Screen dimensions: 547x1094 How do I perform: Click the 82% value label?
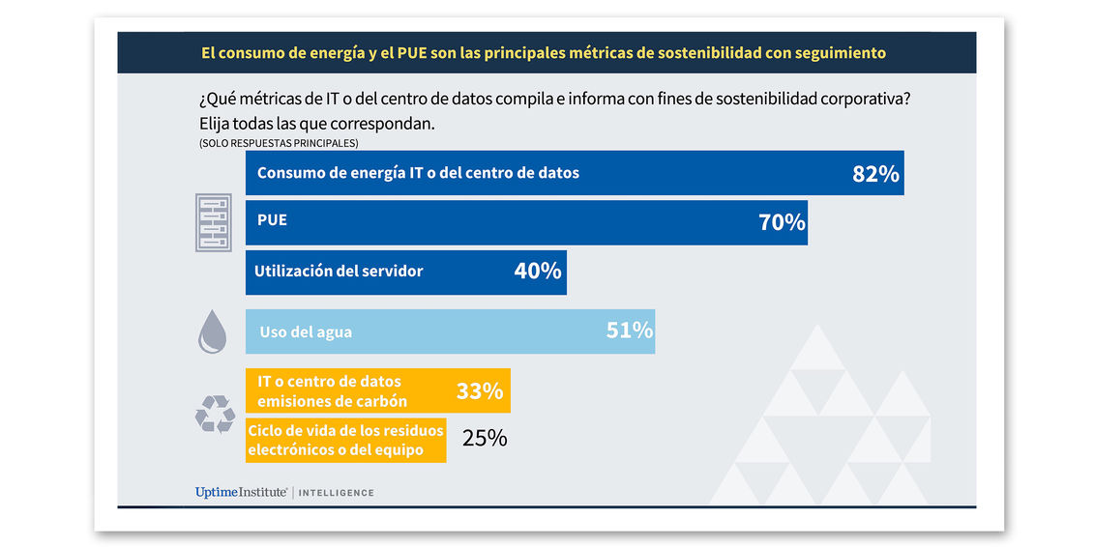point(875,174)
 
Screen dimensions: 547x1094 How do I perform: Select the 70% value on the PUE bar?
point(782,222)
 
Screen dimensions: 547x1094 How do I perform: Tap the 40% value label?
point(538,272)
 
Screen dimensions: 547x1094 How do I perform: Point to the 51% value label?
point(630,331)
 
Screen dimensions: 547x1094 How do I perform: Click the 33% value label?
point(480,391)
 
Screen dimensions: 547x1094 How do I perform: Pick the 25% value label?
point(485,439)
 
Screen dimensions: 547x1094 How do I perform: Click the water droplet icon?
point(213,331)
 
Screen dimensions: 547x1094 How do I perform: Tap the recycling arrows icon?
point(214,415)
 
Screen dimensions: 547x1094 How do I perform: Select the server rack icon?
point(213,222)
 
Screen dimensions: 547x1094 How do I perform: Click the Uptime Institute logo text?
point(241,493)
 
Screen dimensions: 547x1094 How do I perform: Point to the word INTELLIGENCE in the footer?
point(336,494)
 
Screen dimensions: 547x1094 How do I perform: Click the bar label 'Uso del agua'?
point(306,332)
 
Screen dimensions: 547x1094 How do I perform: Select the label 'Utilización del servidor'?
point(339,272)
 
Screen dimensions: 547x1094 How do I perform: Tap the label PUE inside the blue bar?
point(272,220)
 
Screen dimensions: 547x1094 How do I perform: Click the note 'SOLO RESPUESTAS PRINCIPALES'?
point(279,143)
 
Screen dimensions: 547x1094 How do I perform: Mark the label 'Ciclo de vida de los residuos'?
point(345,431)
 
